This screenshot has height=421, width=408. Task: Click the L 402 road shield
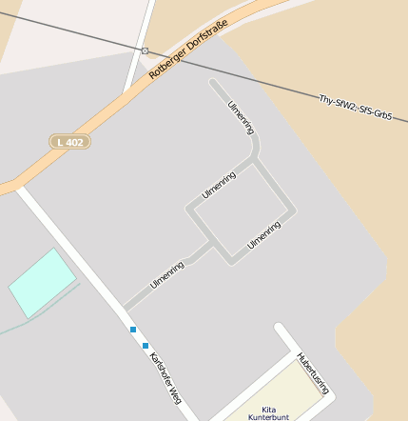click(x=69, y=142)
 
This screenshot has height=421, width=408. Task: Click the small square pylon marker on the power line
click(x=145, y=50)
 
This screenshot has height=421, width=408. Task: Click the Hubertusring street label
click(x=313, y=373)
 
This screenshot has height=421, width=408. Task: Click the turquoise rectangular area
click(x=41, y=283)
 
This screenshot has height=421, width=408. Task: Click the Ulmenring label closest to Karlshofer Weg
click(x=166, y=275)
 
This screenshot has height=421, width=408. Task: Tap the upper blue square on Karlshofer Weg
click(x=133, y=330)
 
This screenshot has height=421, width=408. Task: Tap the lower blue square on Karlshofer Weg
click(x=146, y=344)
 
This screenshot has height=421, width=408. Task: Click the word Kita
click(x=267, y=407)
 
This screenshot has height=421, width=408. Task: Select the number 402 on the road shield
click(x=75, y=142)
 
